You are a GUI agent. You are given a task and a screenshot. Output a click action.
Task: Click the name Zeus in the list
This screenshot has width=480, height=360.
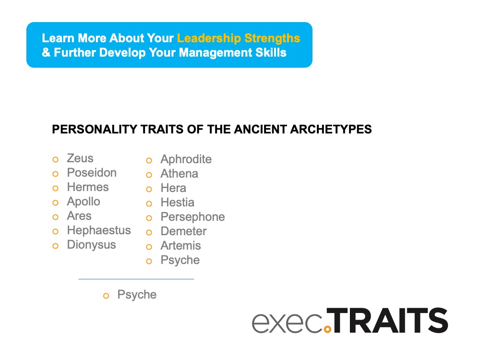click(x=80, y=158)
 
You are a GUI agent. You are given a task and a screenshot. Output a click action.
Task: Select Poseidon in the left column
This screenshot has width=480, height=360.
click(x=92, y=173)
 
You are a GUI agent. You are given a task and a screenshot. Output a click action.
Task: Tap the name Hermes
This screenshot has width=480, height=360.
click(x=88, y=187)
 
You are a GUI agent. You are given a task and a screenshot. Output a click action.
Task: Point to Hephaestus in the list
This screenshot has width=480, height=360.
click(x=99, y=230)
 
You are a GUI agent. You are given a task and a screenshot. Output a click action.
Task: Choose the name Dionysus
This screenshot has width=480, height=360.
click(x=91, y=245)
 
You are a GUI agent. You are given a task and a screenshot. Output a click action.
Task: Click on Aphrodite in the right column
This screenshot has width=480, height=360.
click(x=186, y=159)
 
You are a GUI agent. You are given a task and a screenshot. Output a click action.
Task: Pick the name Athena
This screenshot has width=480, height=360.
click(x=179, y=174)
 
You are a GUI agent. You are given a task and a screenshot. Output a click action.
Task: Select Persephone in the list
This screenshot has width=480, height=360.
click(x=192, y=217)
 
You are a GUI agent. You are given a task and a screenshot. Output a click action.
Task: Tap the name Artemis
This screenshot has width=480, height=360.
click(x=180, y=246)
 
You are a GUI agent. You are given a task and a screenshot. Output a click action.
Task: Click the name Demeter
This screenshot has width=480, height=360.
click(x=183, y=231)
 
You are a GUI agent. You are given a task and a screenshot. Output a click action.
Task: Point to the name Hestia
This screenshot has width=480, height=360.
click(x=177, y=203)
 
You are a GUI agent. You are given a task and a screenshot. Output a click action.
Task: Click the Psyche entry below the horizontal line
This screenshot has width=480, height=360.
click(x=137, y=295)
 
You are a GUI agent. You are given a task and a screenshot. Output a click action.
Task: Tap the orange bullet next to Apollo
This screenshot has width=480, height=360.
click(x=56, y=203)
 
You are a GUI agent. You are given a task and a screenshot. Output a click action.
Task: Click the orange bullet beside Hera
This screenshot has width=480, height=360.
click(x=149, y=189)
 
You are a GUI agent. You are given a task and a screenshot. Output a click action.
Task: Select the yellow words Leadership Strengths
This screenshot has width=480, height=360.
click(x=239, y=38)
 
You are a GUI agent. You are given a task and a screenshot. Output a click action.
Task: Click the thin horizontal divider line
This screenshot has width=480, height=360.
click(x=136, y=279)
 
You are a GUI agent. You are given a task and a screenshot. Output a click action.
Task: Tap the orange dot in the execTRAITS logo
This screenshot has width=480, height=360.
click(x=328, y=329)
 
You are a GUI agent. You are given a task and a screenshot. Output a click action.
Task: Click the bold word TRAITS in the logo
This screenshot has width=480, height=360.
click(x=390, y=321)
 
